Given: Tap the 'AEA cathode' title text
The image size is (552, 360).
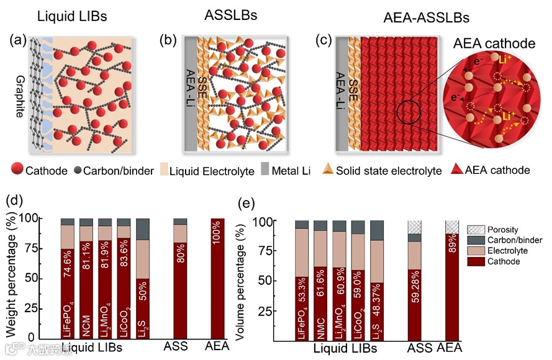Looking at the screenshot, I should click(x=494, y=44).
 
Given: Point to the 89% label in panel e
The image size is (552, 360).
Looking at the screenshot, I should click(x=452, y=248).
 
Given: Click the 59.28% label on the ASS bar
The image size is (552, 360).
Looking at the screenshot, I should click(x=414, y=292).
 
